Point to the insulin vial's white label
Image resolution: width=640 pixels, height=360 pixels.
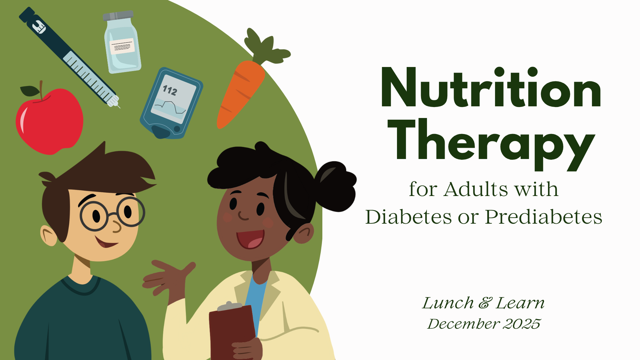click(x=122, y=46)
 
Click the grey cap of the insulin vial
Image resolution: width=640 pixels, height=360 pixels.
click(x=118, y=16)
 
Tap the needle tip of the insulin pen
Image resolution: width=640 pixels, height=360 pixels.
click(x=119, y=107)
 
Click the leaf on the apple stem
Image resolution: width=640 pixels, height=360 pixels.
click(x=30, y=91)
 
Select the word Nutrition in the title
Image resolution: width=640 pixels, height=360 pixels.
click(x=491, y=87)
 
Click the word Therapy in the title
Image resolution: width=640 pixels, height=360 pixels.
click(x=491, y=145)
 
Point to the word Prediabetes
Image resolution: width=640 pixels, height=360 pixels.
click(x=543, y=217)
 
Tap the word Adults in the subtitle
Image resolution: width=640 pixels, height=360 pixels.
click(x=477, y=189)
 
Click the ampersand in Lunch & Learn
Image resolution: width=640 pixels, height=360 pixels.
click(x=485, y=303)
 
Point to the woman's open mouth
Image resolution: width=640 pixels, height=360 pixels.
click(x=250, y=239)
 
